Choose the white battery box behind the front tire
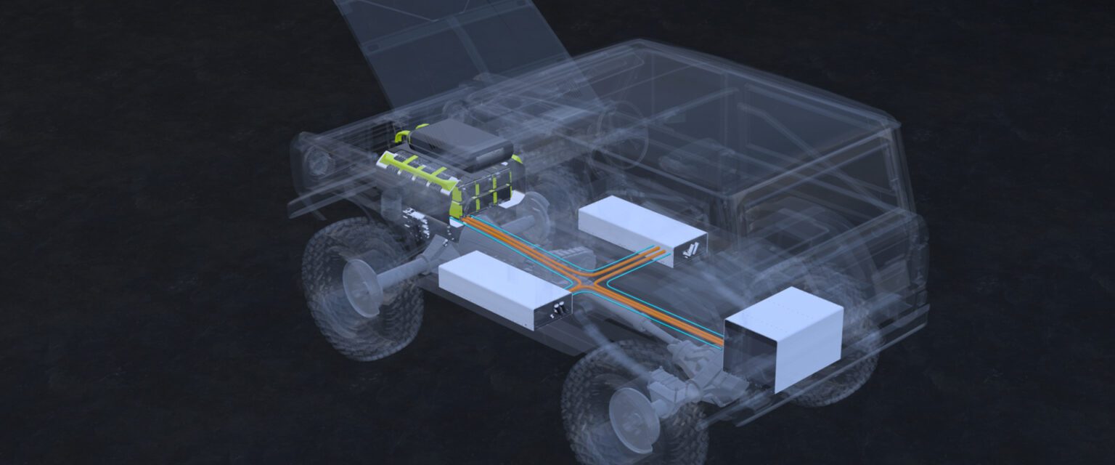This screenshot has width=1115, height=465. pyautogui.click(x=501, y=287)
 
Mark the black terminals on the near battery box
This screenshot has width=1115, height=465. pyautogui.click(x=560, y=310)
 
